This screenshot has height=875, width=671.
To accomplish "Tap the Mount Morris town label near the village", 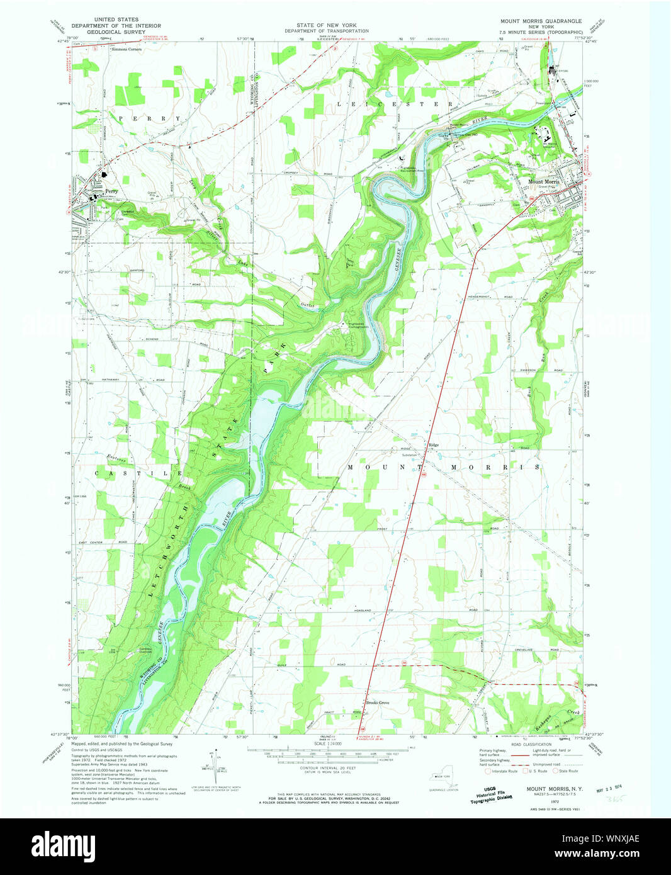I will tap(543, 182).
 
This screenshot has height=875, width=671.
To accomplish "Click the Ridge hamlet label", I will tap(434, 445).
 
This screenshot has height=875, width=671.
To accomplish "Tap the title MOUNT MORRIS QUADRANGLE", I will tap(541, 21).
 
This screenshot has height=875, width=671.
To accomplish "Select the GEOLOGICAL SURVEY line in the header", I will tap(116, 31).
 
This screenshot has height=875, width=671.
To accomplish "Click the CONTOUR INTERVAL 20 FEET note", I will tap(326, 768).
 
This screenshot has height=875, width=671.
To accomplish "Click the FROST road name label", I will tap(383, 529).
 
